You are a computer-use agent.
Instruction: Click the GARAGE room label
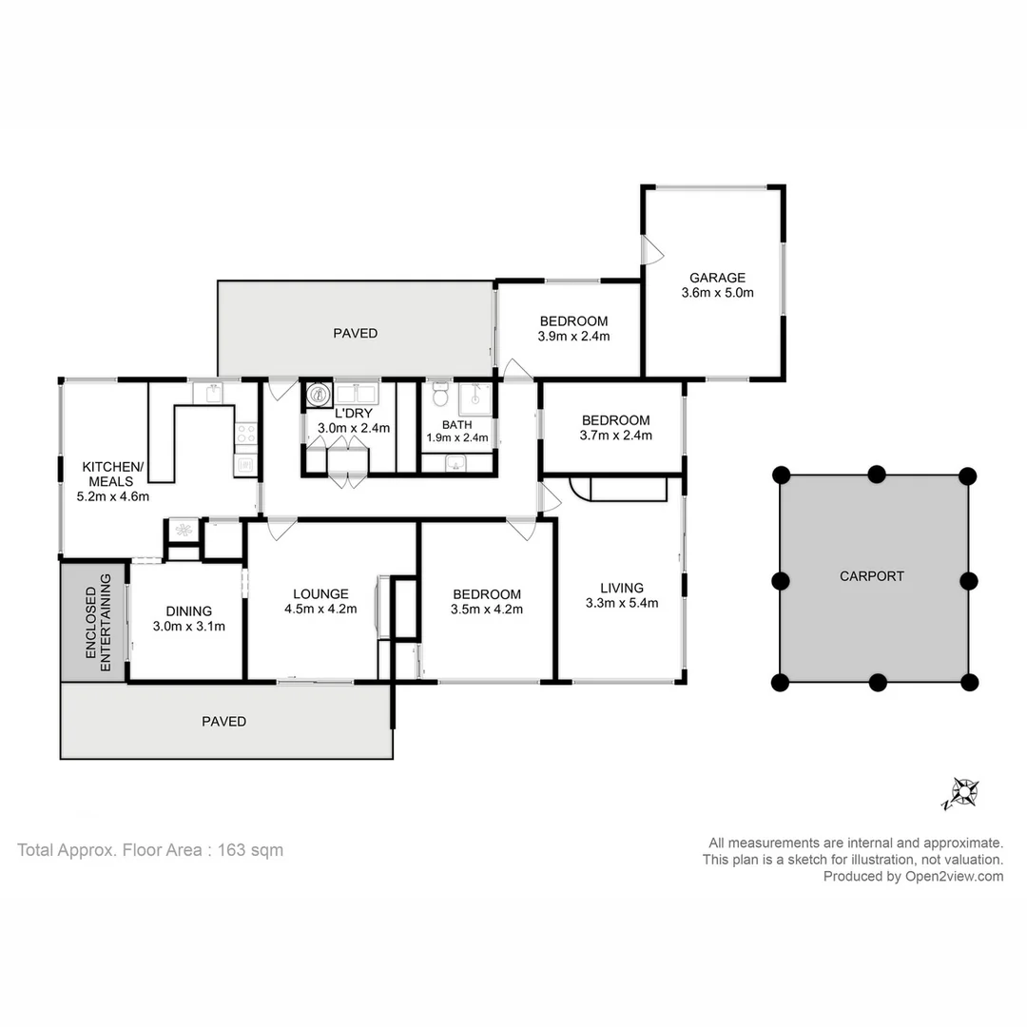(x=717, y=278)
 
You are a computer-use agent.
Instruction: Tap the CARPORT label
(x=872, y=576)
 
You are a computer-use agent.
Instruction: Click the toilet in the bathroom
(x=441, y=394)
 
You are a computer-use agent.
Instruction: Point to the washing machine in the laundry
(x=319, y=395)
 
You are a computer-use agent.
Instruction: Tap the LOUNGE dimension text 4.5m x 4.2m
(x=320, y=610)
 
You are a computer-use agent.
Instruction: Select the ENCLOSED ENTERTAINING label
(x=98, y=622)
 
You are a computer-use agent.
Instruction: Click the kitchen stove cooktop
(x=246, y=434)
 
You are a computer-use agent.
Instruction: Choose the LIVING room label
(x=622, y=589)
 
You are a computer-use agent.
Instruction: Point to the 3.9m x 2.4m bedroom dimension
(x=573, y=337)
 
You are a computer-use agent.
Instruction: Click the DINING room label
(x=188, y=611)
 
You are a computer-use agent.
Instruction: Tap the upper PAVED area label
(x=355, y=334)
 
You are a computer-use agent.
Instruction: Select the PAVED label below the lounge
(x=224, y=722)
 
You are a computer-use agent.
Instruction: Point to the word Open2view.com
(x=955, y=877)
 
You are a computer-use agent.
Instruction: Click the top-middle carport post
(x=877, y=475)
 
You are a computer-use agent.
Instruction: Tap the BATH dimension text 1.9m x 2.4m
(x=457, y=438)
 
